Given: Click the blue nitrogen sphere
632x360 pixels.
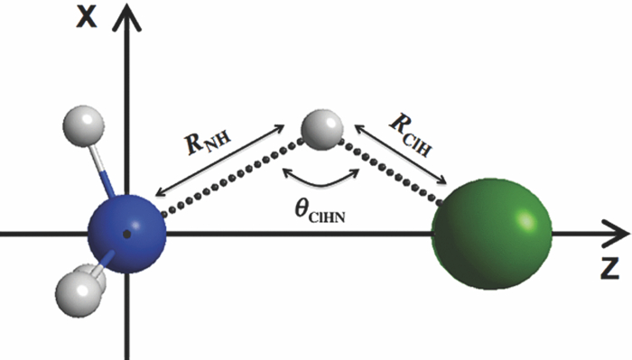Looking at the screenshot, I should [127, 232].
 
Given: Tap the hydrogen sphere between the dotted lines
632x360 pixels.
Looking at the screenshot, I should [321, 127].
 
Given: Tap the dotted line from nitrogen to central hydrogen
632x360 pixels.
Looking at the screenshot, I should [235, 177].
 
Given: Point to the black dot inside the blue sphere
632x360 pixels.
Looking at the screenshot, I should [127, 233].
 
